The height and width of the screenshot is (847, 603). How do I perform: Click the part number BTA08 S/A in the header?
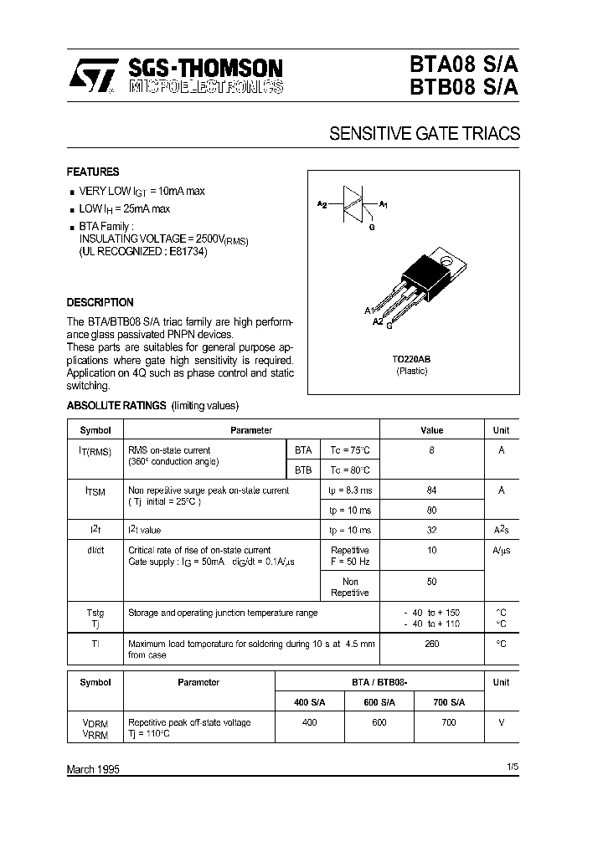tap(463, 65)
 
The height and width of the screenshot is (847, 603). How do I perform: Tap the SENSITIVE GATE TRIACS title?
tap(425, 133)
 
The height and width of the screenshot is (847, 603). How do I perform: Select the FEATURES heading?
tap(93, 172)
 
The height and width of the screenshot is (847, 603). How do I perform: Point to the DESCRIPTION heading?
tap(100, 302)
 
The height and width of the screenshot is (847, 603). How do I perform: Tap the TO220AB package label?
tap(411, 359)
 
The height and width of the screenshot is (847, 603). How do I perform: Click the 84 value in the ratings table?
tap(432, 490)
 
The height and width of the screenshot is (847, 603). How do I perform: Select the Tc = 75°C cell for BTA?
tap(350, 449)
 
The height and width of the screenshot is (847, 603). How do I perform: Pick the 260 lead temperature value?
tap(432, 644)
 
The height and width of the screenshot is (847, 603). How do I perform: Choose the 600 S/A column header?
tap(379, 701)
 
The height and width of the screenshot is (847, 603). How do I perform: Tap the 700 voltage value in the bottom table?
tap(450, 721)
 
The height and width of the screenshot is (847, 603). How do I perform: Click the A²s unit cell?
tap(501, 530)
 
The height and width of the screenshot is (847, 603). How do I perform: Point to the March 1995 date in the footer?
tap(93, 768)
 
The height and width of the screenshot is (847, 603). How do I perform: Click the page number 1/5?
tap(513, 766)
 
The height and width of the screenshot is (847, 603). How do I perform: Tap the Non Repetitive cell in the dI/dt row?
tap(350, 587)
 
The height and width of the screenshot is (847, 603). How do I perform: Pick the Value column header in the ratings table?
tap(432, 430)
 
